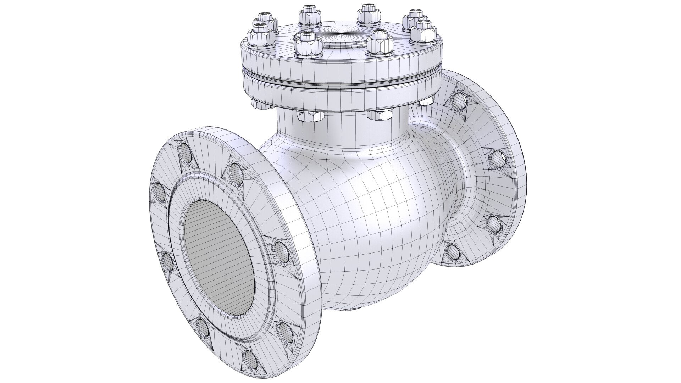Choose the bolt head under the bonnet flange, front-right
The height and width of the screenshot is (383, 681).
tap(379, 115)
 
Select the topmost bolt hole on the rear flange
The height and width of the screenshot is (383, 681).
tap(458, 101)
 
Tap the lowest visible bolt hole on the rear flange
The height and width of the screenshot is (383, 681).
tap(452, 252)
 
